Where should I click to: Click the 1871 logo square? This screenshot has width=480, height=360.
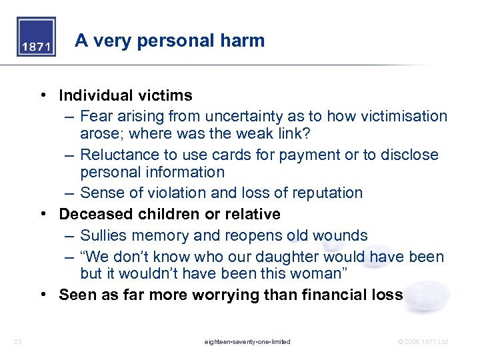pos(36,37)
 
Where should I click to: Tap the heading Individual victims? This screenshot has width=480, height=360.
pos(125,95)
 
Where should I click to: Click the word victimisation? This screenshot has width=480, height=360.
pos(403,116)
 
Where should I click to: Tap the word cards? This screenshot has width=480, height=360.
pos(220,155)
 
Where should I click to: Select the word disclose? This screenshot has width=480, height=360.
pos(409,155)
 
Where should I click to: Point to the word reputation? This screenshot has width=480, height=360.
pos(327,193)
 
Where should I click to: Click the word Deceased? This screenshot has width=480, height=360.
pos(93,215)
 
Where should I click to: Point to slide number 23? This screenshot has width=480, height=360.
pos(18,342)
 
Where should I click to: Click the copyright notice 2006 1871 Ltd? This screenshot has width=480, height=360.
pos(423,342)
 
